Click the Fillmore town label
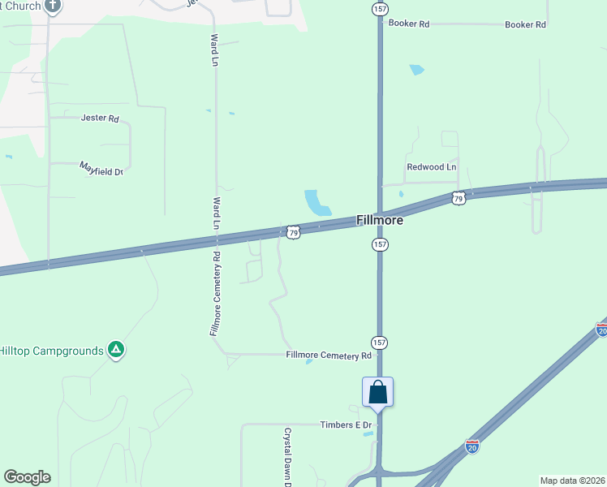pos(380,220)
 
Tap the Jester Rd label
pos(100,118)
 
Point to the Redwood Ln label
pos(431,167)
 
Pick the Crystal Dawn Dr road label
pos(286,459)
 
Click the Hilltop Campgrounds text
pos(52,351)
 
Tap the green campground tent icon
pos(116,350)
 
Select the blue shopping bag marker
pos(378,393)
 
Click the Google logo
pos(27,477)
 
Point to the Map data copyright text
pos(572,481)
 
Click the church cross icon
pos(54,6)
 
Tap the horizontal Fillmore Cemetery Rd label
pos(329,356)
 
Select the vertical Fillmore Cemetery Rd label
pos(217,294)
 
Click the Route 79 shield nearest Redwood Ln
pos(458,198)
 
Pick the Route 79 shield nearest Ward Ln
pos(294,232)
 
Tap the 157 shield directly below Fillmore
pos(380,244)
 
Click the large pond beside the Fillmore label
pos(316,202)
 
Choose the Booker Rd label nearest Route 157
pos(408,24)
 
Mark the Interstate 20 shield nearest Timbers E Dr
pos(472,446)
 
